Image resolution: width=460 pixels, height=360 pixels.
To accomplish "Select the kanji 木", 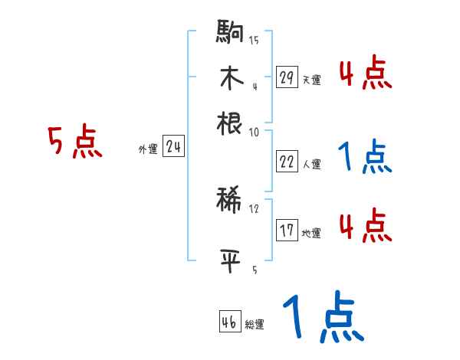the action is coord(230,78).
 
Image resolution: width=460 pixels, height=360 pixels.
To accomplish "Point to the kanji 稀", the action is coord(230,201).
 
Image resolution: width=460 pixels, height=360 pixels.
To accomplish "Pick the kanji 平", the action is coord(230,258).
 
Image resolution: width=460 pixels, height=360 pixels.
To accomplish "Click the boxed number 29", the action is coord(287,77).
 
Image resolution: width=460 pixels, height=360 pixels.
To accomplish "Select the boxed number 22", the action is coord(287,162).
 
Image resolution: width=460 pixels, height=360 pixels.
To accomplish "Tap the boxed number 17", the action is coord(287,231).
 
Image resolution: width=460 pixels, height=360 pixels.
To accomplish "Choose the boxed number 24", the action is coord(173,148).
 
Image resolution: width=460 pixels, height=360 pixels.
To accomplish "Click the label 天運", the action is coord(311,80).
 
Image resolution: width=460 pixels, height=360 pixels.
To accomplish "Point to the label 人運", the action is coord(311,164).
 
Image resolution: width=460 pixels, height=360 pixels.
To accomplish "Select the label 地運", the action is coord(311,233).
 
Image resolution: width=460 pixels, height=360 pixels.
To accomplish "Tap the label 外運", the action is coord(148,150).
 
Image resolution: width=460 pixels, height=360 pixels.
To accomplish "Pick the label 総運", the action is coord(255,325).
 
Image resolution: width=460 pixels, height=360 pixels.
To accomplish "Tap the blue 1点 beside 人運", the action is coord(365,158).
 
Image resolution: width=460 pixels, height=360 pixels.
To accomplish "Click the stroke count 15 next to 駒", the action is coord(254,41).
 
